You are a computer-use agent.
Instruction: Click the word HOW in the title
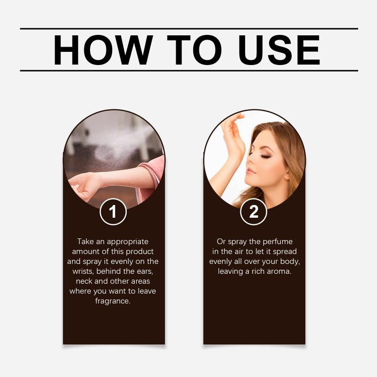pos(103,50)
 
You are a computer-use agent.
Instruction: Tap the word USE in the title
pos(279,50)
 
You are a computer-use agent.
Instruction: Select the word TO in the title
pos(194,50)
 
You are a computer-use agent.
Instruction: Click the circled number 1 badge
pos(113,212)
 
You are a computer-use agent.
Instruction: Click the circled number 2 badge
pos(254,212)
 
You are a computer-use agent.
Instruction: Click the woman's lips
pos(251,171)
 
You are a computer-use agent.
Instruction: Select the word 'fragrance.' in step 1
pos(113,301)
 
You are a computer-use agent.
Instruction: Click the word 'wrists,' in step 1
pos(83,271)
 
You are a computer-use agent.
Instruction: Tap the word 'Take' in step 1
pos(85,241)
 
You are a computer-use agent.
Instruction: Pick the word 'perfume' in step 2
pos(278,242)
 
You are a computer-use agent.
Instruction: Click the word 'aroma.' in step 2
pos(279,271)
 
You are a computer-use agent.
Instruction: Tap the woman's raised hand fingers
pos(232,125)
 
